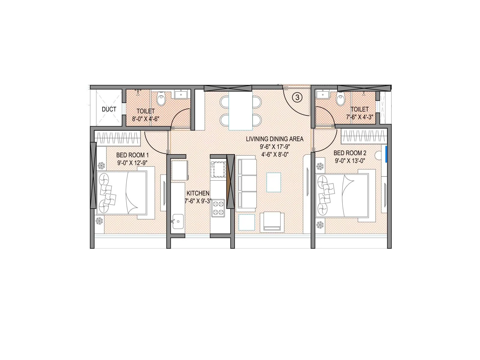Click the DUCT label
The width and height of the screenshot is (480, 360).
[x=109, y=109]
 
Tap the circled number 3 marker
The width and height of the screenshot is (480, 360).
[x=297, y=97]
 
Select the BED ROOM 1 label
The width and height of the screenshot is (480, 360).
[x=132, y=155]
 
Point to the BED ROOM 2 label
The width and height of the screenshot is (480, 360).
[x=350, y=153]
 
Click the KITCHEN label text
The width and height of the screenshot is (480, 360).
[x=198, y=193]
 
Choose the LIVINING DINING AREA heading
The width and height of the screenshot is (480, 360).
[x=274, y=139]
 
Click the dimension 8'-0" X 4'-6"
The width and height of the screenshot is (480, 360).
[x=145, y=119]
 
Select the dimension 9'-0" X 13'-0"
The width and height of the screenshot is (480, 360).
[x=350, y=160]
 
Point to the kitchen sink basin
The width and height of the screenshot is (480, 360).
[x=178, y=221]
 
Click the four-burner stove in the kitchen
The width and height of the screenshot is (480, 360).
[x=218, y=208]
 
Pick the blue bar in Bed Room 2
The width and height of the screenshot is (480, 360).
[x=386, y=154]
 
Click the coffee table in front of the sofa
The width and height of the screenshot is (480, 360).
[x=274, y=182]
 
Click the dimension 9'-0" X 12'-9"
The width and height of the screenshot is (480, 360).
[x=132, y=163]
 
